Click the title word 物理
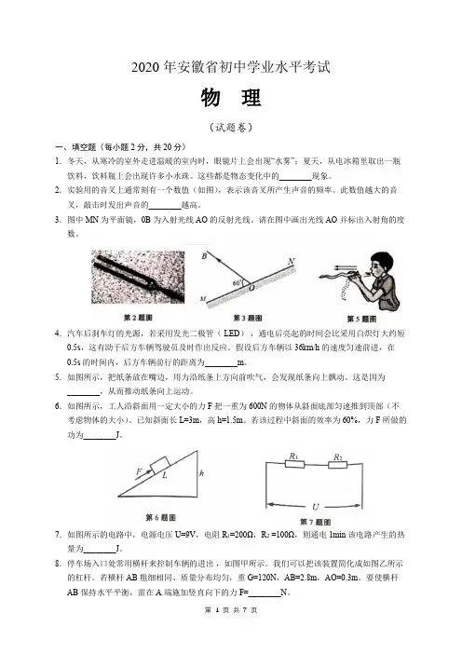point(231,98)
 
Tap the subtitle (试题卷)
point(231,128)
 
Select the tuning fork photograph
point(138,277)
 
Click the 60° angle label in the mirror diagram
point(237,283)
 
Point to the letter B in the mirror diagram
point(204,256)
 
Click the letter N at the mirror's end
point(291,262)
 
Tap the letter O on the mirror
point(251,287)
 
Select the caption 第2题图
point(138,318)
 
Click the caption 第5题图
point(361,319)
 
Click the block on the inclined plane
point(160,465)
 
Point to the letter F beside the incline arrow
point(139,471)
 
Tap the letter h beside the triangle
point(202,473)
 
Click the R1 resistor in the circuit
point(294,464)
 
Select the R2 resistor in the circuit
point(338,464)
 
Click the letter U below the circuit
point(316,507)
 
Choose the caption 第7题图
point(315,522)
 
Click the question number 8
point(58,564)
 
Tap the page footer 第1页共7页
point(231,610)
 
